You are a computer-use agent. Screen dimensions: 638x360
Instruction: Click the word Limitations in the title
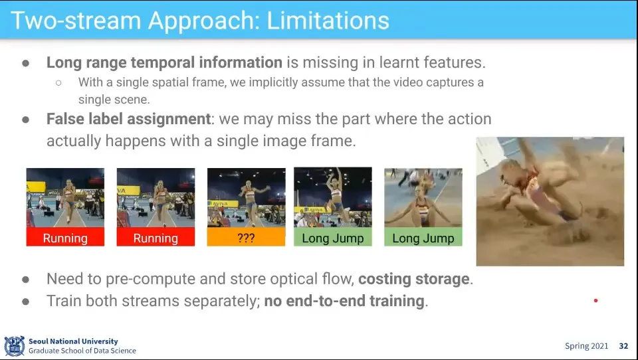tap(328, 21)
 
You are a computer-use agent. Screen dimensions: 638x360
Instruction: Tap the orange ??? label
tap(246, 237)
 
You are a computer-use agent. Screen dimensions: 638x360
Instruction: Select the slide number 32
tap(623, 346)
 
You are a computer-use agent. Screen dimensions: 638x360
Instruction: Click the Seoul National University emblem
tap(14, 346)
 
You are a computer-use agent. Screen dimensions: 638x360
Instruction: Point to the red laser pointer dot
tap(595, 301)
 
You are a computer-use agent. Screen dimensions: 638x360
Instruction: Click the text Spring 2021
tap(586, 346)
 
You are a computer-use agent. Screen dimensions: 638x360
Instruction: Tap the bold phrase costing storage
tap(414, 279)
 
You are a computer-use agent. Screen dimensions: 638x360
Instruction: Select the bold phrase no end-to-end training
tap(344, 301)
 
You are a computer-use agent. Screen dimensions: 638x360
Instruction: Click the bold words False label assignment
tap(128, 119)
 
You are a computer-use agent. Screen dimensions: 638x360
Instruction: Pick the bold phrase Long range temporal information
tap(164, 62)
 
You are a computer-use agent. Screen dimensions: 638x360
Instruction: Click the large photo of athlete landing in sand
tap(550, 201)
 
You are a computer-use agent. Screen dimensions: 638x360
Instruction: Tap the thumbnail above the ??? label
tap(246, 198)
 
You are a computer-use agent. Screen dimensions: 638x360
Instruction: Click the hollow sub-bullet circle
tap(58, 82)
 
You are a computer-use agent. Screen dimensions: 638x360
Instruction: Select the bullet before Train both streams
tap(26, 302)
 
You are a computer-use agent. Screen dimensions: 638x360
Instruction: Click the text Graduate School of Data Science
tap(82, 351)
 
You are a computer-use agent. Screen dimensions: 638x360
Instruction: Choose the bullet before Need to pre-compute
tap(26, 280)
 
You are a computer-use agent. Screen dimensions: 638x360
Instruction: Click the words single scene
tap(114, 100)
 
